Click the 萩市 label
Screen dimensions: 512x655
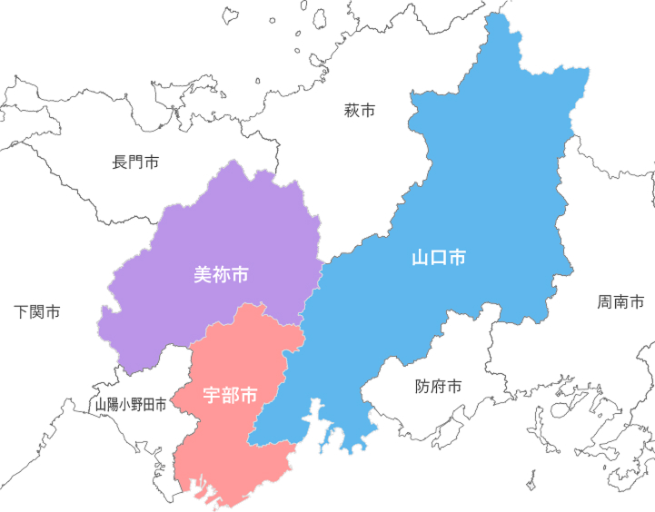pyautogui.click(x=360, y=112)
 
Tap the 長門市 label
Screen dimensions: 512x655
pyautogui.click(x=135, y=162)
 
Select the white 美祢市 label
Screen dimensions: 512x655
pyautogui.click(x=222, y=274)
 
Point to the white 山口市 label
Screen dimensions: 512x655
pyautogui.click(x=439, y=258)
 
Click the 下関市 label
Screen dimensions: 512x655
pyautogui.click(x=38, y=312)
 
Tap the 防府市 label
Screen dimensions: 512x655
pyautogui.click(x=439, y=387)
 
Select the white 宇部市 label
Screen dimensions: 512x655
pyautogui.click(x=230, y=396)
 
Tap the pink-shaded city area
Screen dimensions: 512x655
pyautogui.click(x=227, y=445)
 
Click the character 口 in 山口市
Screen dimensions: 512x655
pyautogui.click(x=439, y=258)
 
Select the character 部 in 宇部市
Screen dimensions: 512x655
pyautogui.click(x=230, y=396)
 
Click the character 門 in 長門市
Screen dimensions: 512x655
pyautogui.click(x=135, y=162)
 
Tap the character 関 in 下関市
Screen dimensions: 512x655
pyautogui.click(x=38, y=312)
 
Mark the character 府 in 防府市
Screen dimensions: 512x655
pyautogui.click(x=439, y=387)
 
